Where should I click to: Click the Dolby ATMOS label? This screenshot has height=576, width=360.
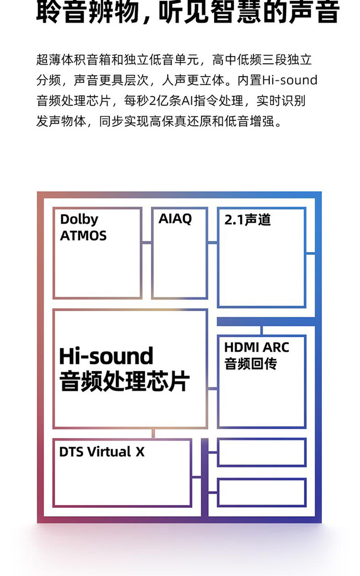coord(83,227)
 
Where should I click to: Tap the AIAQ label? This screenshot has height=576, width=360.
coord(175,218)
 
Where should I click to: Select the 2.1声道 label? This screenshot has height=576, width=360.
coord(248,219)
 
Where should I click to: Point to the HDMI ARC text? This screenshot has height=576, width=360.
coord(256,347)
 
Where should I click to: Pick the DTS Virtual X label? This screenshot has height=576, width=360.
coord(102,452)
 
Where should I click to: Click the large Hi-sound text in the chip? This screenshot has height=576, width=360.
coord(106,356)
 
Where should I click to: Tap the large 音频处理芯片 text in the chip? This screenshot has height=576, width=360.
coord(124,381)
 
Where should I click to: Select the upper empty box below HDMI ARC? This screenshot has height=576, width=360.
coord(261,452)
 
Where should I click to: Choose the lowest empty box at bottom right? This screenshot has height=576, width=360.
coord(261,492)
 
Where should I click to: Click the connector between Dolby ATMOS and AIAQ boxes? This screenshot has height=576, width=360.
coord(146,242)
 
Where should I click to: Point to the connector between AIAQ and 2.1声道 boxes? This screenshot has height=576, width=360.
coord(212,242)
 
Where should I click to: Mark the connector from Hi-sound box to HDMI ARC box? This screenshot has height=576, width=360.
coord(212,389)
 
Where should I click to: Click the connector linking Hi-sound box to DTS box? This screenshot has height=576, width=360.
coord(153,433)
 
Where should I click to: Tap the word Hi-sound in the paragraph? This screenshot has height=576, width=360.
coord(289,80)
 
